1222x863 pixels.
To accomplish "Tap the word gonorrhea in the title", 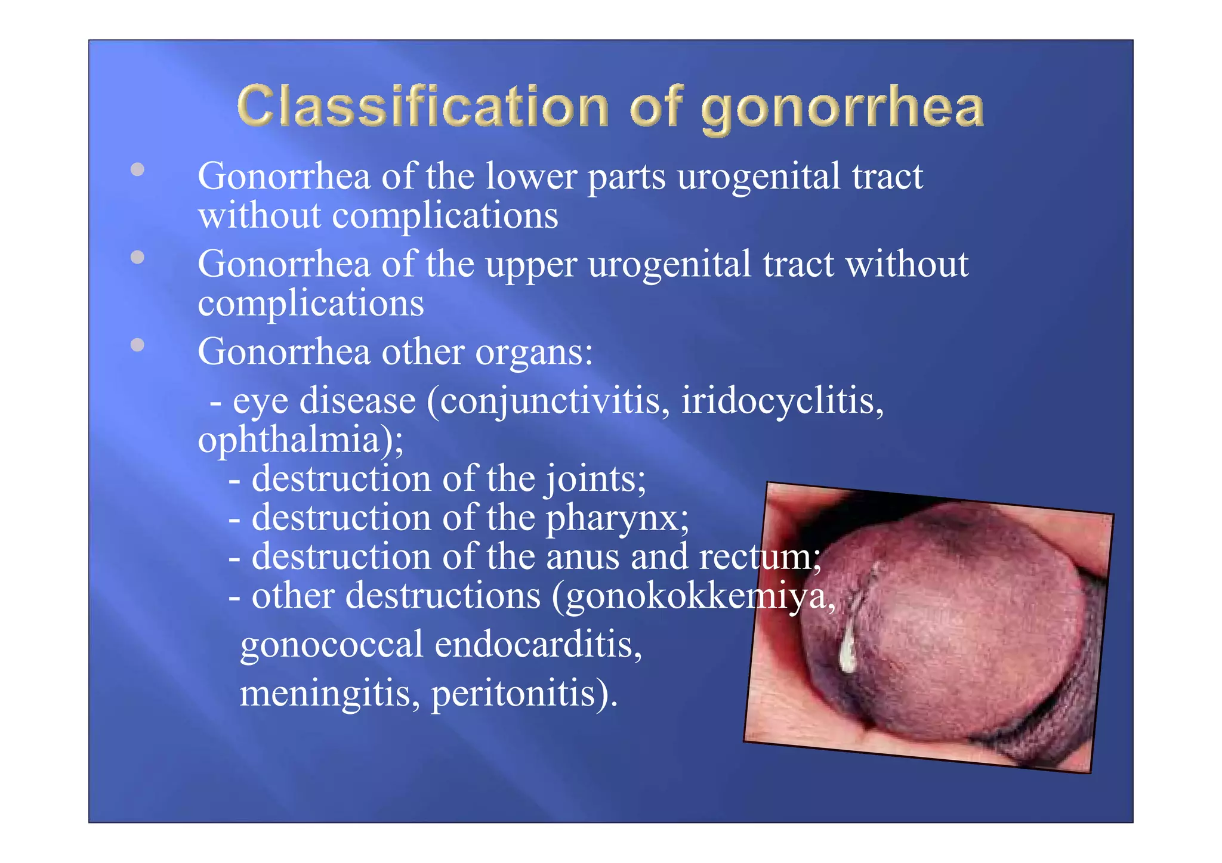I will (842, 109).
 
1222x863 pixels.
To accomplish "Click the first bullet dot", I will (138, 169).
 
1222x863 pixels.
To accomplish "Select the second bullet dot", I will (138, 257).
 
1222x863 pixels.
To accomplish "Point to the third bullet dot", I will (138, 345).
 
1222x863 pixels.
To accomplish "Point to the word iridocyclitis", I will (782, 401).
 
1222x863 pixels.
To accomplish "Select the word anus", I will (582, 557).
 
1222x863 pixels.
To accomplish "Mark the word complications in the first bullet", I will (445, 216).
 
